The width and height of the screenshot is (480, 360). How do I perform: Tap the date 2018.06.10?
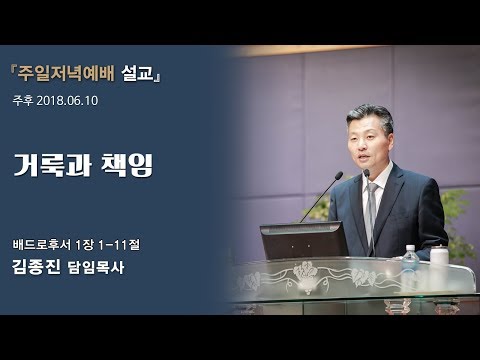point(71,101)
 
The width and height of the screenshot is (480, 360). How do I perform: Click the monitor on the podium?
point(303,240)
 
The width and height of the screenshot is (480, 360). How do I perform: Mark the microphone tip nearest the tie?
point(366,173)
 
